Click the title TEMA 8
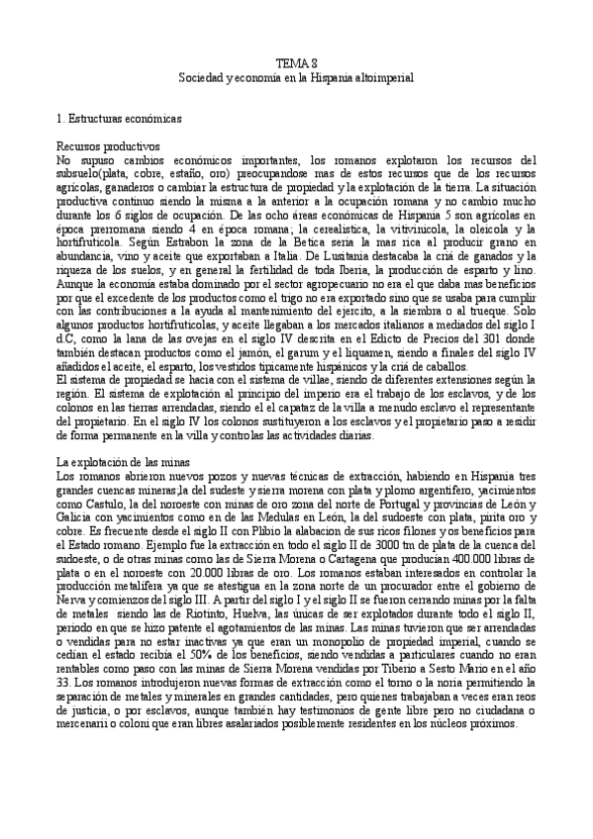point(296,61)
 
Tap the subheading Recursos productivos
point(104,145)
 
